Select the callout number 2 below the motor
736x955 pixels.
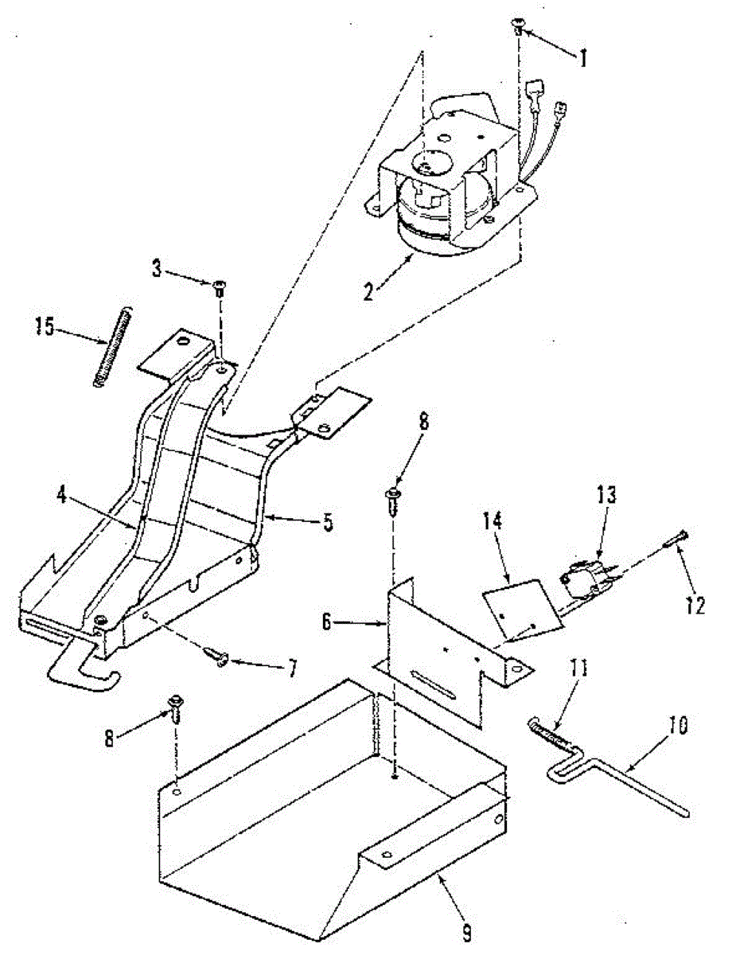pyautogui.click(x=368, y=290)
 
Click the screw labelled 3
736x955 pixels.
pyautogui.click(x=218, y=287)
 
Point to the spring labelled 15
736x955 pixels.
pyautogui.click(x=111, y=347)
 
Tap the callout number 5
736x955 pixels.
pyautogui.click(x=327, y=523)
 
